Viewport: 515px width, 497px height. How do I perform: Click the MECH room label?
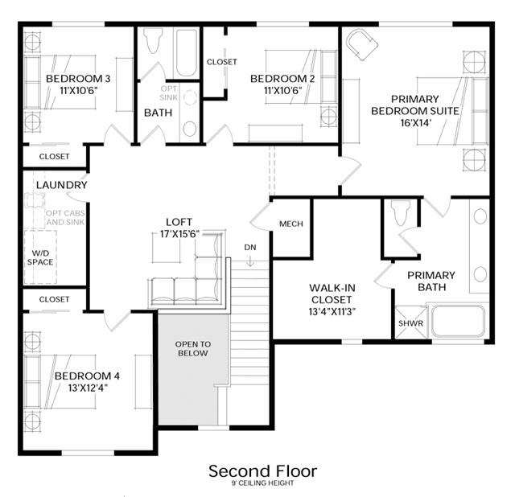[291, 224]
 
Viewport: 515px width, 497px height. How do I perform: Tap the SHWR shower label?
[410, 323]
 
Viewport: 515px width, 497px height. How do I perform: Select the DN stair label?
[250, 247]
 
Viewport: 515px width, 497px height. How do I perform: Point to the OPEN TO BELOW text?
[193, 348]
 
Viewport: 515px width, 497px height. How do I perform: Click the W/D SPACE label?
[40, 257]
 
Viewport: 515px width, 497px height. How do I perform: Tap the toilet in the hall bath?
[154, 40]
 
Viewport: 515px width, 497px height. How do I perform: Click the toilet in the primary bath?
[401, 213]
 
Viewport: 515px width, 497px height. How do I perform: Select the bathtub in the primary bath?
[458, 322]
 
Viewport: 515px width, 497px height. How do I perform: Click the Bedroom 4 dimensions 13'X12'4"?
[88, 388]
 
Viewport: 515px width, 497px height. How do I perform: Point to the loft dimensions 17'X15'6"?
[179, 234]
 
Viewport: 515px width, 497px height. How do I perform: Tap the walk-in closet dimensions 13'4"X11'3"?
[332, 311]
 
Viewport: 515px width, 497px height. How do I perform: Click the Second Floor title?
[263, 471]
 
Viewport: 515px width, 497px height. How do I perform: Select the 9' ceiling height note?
[263, 483]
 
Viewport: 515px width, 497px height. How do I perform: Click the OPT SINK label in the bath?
[169, 93]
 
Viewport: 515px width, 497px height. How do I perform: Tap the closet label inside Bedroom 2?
[222, 62]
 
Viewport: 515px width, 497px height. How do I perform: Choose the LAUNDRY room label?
[62, 185]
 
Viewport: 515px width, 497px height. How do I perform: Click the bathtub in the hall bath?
[187, 53]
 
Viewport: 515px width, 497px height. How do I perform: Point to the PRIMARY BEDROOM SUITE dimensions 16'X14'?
[415, 123]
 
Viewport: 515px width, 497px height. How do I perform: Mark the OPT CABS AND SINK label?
[65, 218]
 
